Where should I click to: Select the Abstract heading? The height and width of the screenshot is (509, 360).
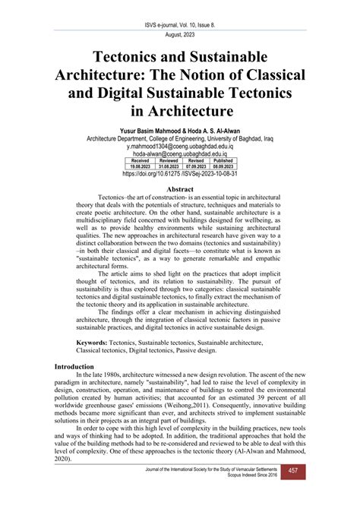coord(180,189)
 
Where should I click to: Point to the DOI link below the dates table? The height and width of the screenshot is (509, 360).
coord(180,174)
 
